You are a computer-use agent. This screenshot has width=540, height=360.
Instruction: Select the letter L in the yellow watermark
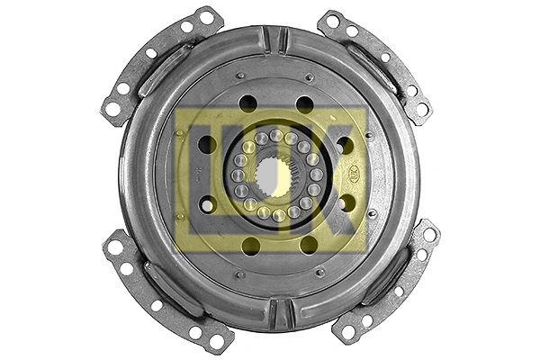(x=202, y=175)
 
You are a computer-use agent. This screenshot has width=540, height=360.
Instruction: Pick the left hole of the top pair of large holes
(x=247, y=103)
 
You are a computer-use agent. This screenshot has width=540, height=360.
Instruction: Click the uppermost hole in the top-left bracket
(x=206, y=17)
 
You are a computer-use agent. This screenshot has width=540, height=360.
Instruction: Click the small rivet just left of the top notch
(x=240, y=76)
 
